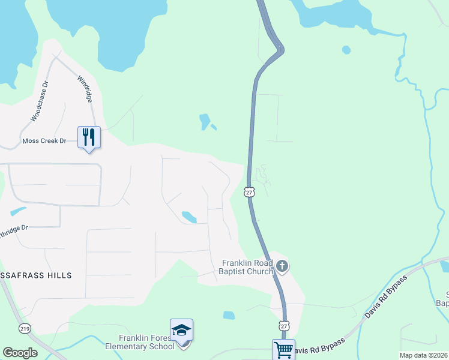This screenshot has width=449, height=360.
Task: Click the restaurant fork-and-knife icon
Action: pyautogui.click(x=89, y=137)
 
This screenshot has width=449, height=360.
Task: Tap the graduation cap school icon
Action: pyautogui.click(x=181, y=330)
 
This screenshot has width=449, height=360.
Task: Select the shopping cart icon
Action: pyautogui.click(x=283, y=350)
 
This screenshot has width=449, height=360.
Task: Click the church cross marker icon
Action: pyautogui.click(x=282, y=266)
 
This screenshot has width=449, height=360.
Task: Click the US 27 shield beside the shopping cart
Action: pyautogui.click(x=283, y=325)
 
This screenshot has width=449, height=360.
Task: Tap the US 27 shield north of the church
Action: pyautogui.click(x=250, y=191)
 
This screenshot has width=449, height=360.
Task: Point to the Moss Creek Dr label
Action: pyautogui.click(x=43, y=141)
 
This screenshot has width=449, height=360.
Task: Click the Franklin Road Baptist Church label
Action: pyautogui.click(x=247, y=267)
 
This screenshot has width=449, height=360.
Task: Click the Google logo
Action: pyautogui.click(x=20, y=353)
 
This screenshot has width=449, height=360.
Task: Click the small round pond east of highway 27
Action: pyautogui.click(x=346, y=50)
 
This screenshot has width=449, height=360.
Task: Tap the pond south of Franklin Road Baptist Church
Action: pyautogui.click(x=229, y=315)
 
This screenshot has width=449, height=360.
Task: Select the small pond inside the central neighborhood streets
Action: pyautogui.click(x=188, y=217)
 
